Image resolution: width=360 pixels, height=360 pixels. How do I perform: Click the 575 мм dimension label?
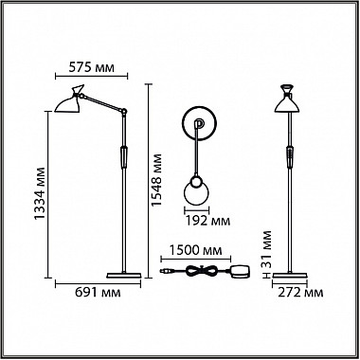(91, 67)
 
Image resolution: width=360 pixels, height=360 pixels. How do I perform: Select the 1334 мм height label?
(41, 193)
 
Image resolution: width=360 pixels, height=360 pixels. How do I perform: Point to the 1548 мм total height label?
(156, 180)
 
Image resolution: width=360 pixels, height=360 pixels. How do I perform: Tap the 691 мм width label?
(98, 293)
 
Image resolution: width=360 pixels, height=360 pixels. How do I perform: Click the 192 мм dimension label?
(207, 221)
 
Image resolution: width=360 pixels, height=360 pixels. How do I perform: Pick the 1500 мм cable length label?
(196, 250)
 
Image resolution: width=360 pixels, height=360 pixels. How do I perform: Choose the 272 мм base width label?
(300, 293)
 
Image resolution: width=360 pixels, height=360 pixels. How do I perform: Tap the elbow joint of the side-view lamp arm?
(124, 111)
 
